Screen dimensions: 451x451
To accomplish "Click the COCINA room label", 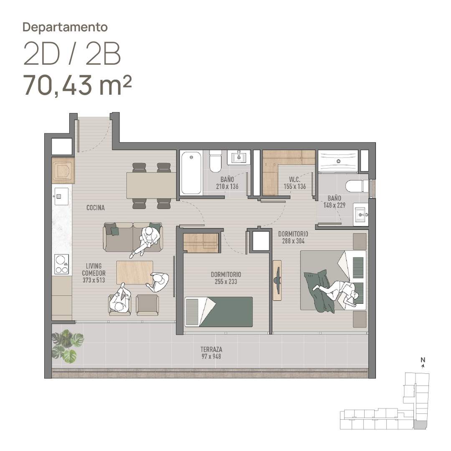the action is coord(96,208).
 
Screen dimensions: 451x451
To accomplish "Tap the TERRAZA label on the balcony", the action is coord(211,349).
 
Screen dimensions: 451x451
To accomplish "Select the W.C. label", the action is coord(294,179).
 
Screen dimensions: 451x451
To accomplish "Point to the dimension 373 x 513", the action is coord(94,280).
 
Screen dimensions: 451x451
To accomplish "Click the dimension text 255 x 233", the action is coord(226,281).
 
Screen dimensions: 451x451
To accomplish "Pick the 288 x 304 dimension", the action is coord(293,241).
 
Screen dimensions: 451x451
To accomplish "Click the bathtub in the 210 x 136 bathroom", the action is coord(191,172).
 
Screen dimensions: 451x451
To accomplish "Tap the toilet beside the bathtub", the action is coord(215,161).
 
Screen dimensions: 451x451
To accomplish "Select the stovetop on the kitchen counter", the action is coord(62,264).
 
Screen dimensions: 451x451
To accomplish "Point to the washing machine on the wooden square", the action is coord(63,171).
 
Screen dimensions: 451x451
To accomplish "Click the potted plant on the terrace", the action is coord(67,346).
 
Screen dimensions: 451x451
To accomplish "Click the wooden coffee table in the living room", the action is coord(134,272).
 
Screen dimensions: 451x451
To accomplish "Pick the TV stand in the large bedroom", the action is coord(277,280).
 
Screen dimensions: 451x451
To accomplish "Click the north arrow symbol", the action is coord(423,366).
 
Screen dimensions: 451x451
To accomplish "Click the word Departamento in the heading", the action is coord(65,27).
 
